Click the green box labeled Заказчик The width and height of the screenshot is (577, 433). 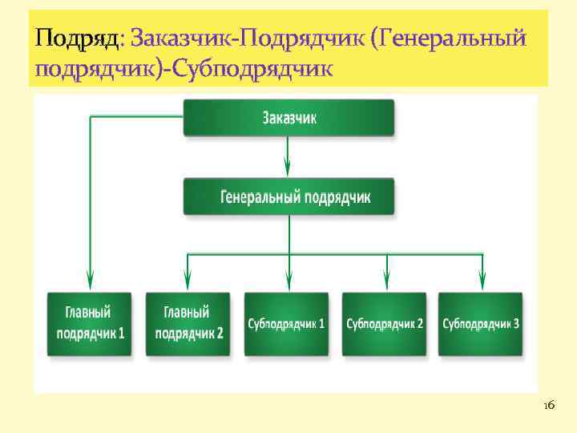coord(288,118)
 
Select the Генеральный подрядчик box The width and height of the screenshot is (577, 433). coord(288,197)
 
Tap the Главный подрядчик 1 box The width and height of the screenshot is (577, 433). coord(90,323)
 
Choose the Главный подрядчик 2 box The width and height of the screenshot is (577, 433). coord(188,323)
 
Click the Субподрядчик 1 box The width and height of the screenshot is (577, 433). coord(286,323)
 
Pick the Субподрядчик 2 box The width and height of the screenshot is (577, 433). coord(384,323)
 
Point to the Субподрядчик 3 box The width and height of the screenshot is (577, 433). coord(481,323)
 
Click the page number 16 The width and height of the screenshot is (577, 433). coord(548,407)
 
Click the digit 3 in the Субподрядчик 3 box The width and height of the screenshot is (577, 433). coord(515,324)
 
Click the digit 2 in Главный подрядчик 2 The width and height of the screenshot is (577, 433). coord(220,332)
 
